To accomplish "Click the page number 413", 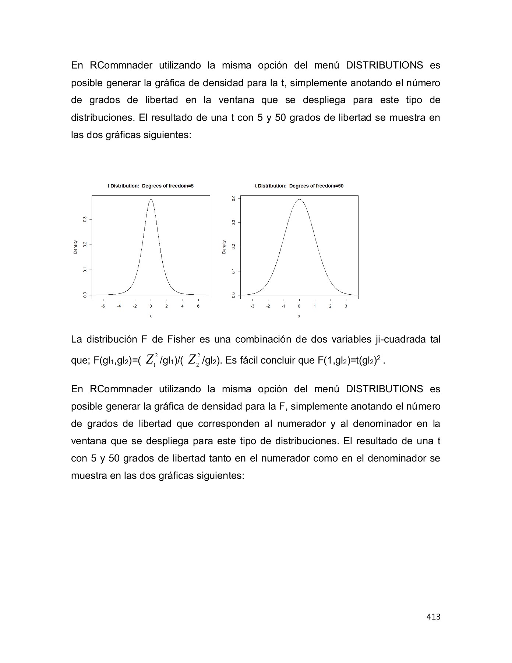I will [x=433, y=617].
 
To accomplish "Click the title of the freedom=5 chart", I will [x=151, y=186].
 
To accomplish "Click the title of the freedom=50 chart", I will [x=299, y=186].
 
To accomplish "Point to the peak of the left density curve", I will [x=151, y=200].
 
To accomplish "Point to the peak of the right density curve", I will [x=299, y=200].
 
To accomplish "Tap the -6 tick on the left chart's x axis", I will [x=103, y=306].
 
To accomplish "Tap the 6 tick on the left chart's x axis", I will [x=198, y=306].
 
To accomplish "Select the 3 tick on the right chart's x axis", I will [x=346, y=306].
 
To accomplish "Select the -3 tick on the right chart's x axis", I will [x=253, y=306].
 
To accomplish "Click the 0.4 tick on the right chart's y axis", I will [x=233, y=198].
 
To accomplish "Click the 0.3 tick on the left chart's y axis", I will [x=85, y=219].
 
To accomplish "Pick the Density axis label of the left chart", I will [x=75, y=247].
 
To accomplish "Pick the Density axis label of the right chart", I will [x=224, y=247].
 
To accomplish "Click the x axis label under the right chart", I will [x=299, y=316].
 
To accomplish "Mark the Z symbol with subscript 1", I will [x=150, y=359].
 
